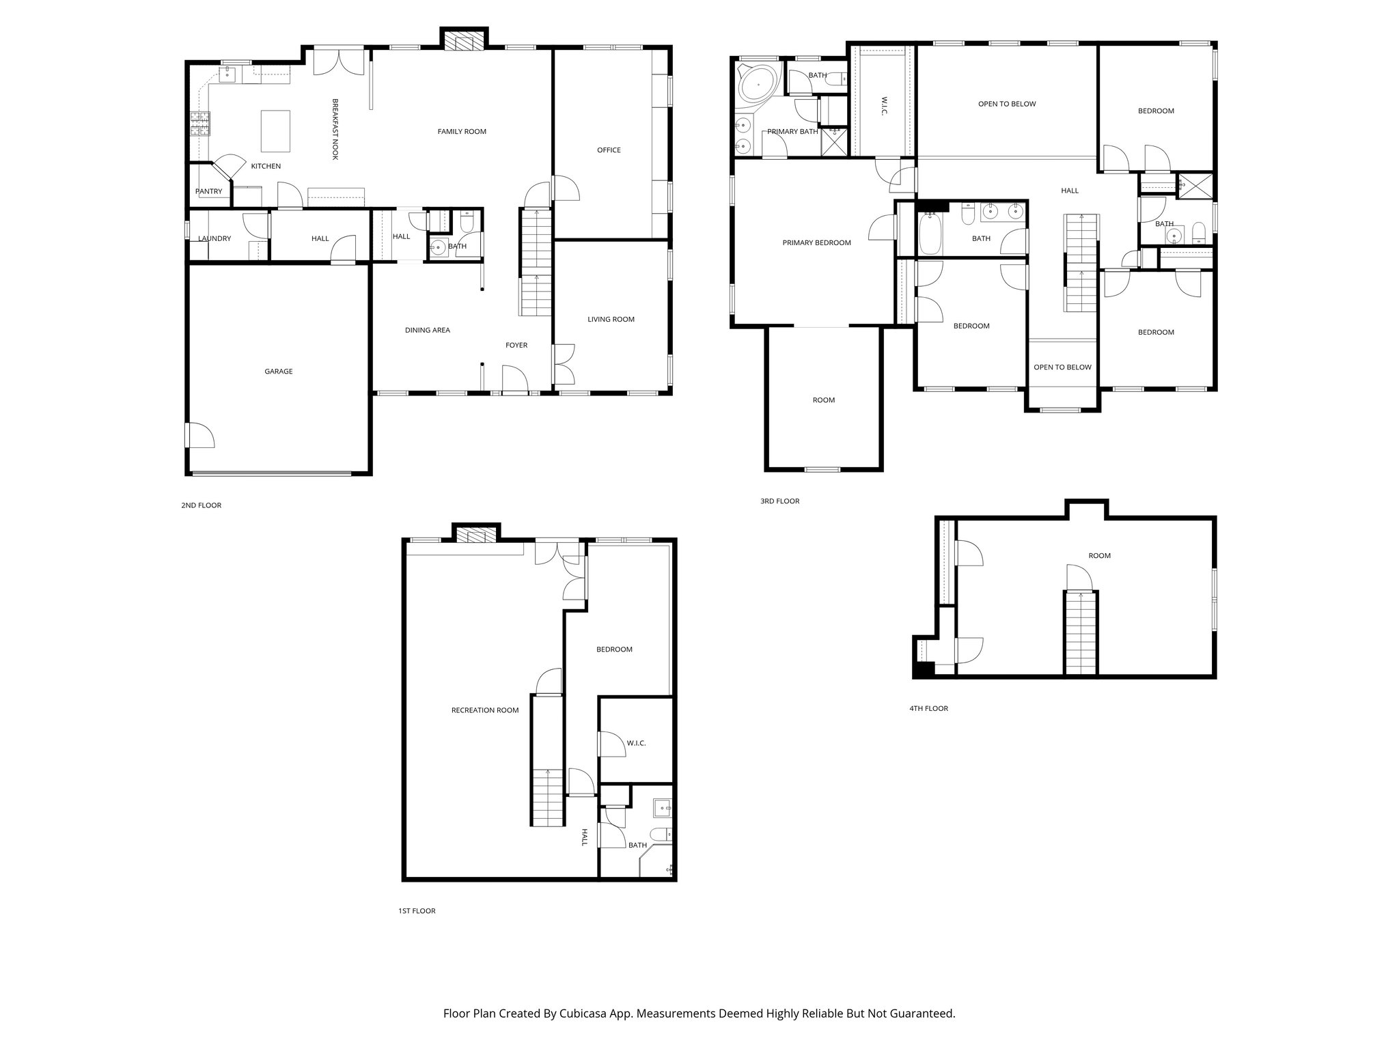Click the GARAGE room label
pyautogui.click(x=278, y=372)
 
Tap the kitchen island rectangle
pyautogui.click(x=275, y=131)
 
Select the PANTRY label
pyautogui.click(x=208, y=191)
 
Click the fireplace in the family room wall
pyautogui.click(x=464, y=40)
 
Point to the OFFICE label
pyautogui.click(x=609, y=150)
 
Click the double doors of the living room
pyautogui.click(x=564, y=364)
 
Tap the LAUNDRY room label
pyautogui.click(x=214, y=238)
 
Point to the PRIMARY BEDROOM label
pyautogui.click(x=816, y=242)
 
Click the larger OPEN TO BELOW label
pyautogui.click(x=1007, y=104)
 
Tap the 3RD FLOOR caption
pyautogui.click(x=779, y=501)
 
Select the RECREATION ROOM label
pyautogui.click(x=484, y=710)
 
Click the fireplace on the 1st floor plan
pyautogui.click(x=475, y=534)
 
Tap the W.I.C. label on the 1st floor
pyautogui.click(x=635, y=743)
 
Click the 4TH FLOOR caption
pyautogui.click(x=928, y=708)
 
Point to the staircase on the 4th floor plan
pyautogui.click(x=1080, y=632)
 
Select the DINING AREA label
pyautogui.click(x=427, y=330)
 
